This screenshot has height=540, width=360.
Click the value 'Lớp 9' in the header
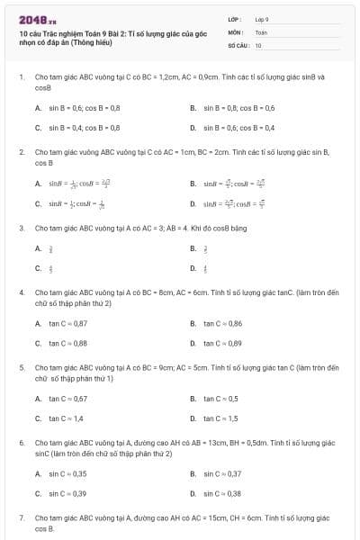[262, 19]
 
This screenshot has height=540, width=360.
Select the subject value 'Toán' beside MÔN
[261, 31]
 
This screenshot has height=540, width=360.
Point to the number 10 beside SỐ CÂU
[258, 44]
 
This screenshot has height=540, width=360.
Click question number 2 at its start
[21, 152]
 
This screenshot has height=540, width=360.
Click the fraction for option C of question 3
[50, 268]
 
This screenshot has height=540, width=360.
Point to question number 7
[21, 518]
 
